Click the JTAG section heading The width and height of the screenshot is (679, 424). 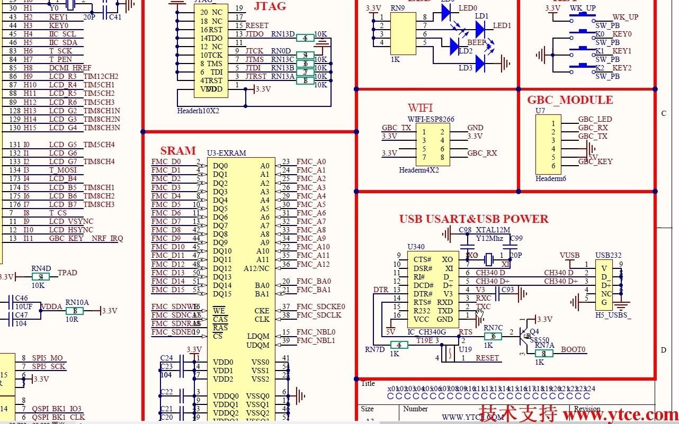click(270, 6)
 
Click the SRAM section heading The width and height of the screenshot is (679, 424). click(178, 150)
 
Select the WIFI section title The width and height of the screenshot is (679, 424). click(420, 108)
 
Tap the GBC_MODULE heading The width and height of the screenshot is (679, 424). click(570, 100)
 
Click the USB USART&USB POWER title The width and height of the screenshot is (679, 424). click(473, 219)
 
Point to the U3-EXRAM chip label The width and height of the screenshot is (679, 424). click(226, 153)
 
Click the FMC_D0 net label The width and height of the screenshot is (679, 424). click(166, 161)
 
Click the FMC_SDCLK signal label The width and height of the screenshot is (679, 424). click(319, 315)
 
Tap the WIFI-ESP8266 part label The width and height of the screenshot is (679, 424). click(431, 119)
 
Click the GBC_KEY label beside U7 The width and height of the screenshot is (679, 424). click(595, 161)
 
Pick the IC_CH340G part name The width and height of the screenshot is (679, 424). click(426, 332)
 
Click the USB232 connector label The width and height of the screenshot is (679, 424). click(608, 255)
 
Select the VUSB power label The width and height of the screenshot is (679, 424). click(569, 255)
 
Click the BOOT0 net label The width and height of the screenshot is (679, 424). click(573, 349)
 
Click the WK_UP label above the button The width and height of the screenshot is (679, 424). click(582, 8)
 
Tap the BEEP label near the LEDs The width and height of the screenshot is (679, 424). click(476, 43)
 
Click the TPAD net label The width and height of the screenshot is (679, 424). click(67, 273)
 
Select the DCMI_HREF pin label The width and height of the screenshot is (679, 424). click(70, 68)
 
